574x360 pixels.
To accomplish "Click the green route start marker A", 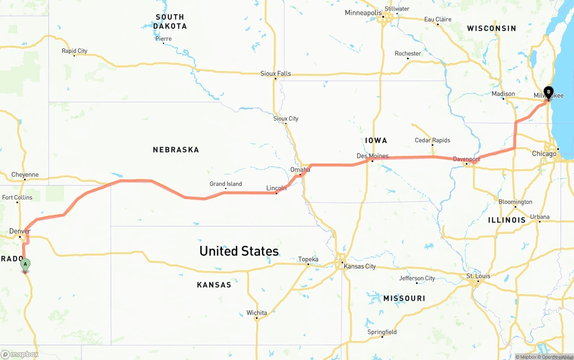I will [x=26, y=265].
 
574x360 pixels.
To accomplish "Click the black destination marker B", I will [x=548, y=92].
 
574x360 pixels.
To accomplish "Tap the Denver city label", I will [x=20, y=231].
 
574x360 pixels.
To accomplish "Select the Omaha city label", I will [x=300, y=170].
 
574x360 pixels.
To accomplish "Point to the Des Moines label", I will [x=373, y=156].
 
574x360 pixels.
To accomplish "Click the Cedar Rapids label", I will [x=432, y=140].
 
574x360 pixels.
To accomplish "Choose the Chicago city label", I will [x=544, y=154].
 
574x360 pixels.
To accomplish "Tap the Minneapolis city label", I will [x=363, y=13].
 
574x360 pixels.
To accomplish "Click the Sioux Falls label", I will [x=276, y=74].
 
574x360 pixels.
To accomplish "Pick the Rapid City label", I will [x=74, y=51].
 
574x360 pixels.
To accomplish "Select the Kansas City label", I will [x=360, y=266].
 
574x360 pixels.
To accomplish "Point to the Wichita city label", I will [x=257, y=313].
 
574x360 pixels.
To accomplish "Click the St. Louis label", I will [x=478, y=276].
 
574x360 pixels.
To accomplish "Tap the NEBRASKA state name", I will [x=176, y=150].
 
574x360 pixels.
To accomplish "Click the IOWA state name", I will [x=376, y=140].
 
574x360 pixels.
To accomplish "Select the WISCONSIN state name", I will [x=491, y=28].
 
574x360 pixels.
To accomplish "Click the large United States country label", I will [x=239, y=251].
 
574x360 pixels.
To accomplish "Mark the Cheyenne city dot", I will [x=25, y=180].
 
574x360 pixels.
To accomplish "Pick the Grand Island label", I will [x=226, y=184].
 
